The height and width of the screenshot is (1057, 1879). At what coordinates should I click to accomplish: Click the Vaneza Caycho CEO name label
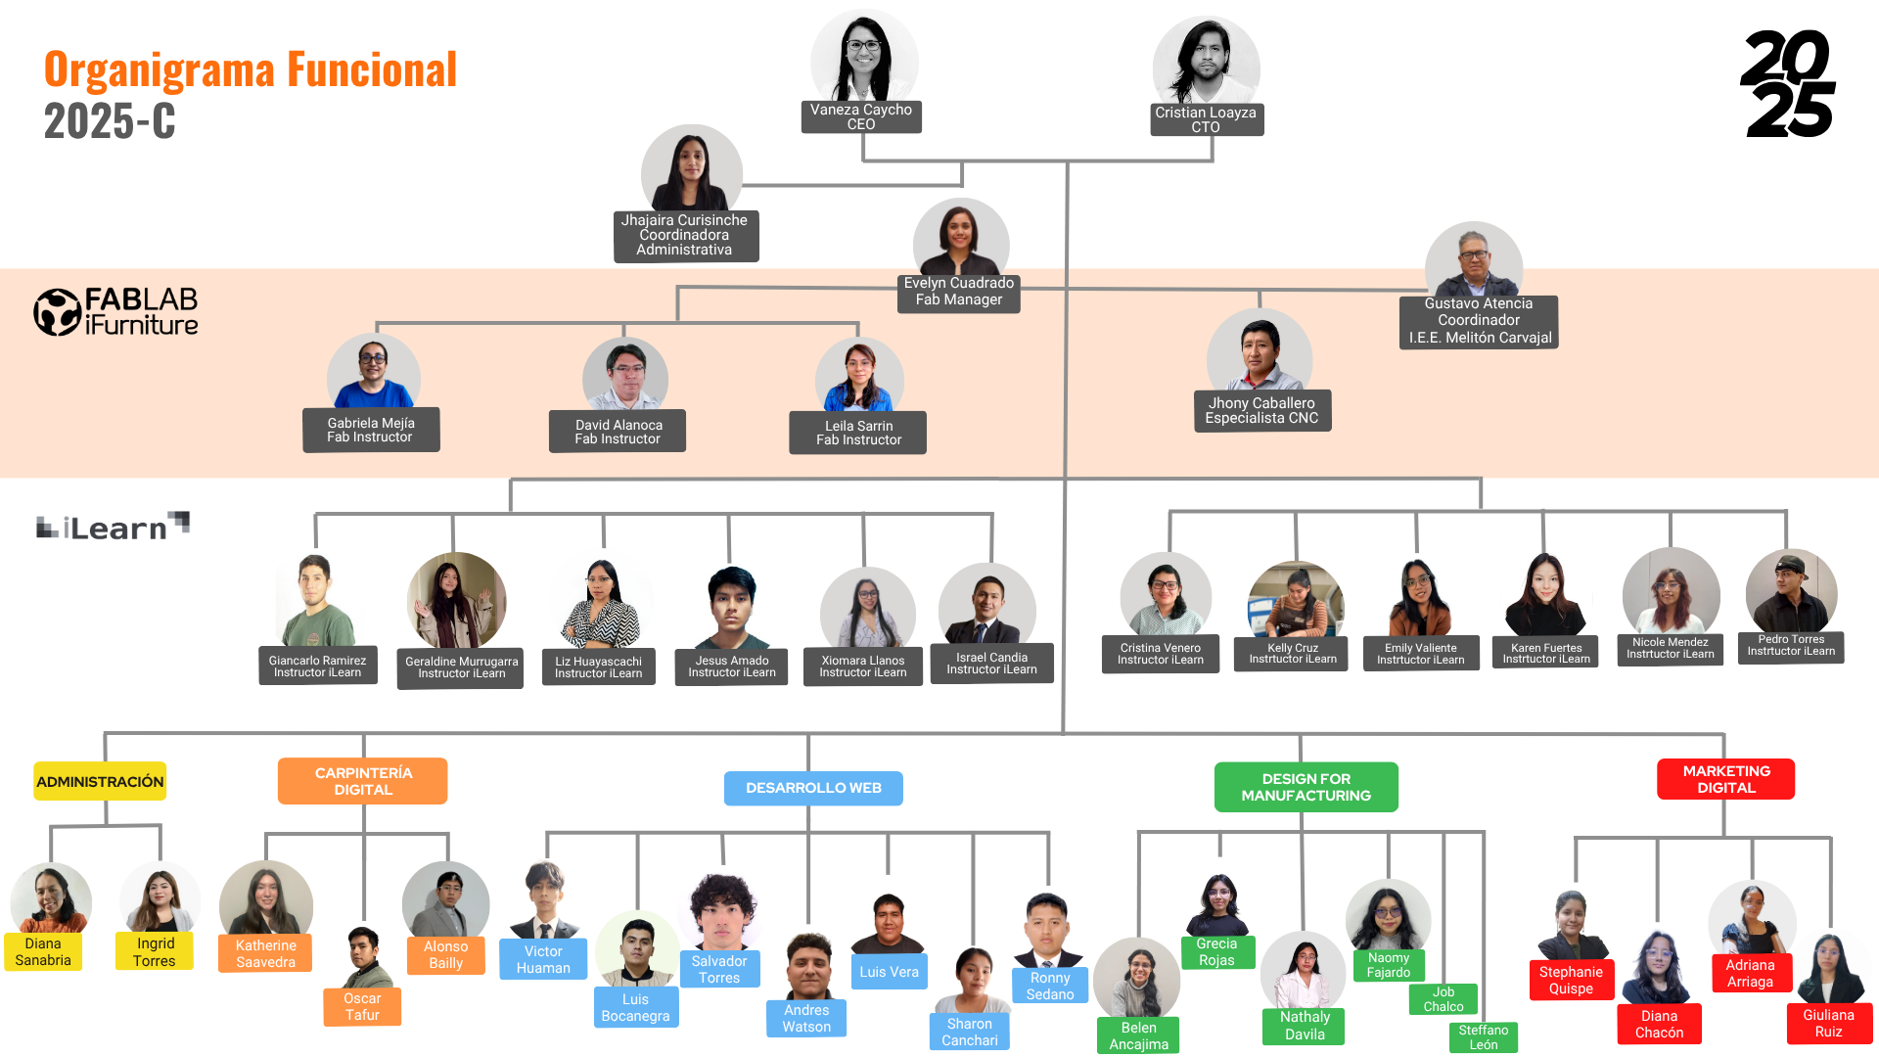(x=861, y=117)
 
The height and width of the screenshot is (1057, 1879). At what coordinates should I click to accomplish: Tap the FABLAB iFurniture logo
(x=116, y=312)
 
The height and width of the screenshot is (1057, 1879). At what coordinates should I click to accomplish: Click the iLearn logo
(x=113, y=527)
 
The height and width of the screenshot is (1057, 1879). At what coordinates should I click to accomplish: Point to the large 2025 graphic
(x=1788, y=84)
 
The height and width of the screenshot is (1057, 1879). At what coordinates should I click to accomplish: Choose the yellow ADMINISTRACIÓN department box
(x=100, y=781)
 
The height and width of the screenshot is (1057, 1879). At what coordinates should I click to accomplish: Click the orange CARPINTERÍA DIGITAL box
(x=362, y=781)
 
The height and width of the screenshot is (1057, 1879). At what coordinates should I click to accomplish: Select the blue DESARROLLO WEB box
(x=813, y=788)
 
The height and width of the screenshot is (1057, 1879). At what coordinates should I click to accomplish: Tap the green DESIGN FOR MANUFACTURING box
(x=1306, y=787)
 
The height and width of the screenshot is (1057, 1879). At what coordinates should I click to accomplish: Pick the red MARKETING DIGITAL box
(x=1725, y=779)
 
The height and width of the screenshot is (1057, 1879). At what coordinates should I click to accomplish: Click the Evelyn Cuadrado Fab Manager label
(x=959, y=293)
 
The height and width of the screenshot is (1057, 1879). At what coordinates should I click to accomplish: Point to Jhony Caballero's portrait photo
(x=1260, y=352)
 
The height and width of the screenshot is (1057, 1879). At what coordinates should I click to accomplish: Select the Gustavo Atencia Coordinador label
(x=1479, y=322)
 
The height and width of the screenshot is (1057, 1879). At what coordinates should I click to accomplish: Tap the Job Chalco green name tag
(x=1444, y=999)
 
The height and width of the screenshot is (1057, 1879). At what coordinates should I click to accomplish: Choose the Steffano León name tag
(x=1483, y=1037)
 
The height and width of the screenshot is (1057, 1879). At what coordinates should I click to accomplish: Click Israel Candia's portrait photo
(x=987, y=606)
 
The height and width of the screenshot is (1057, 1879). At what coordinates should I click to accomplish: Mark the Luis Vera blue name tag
(x=889, y=972)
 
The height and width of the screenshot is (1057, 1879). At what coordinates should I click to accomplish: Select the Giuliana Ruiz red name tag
(x=1828, y=1024)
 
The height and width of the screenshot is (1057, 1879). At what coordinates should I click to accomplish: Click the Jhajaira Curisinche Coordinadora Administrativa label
(x=685, y=236)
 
